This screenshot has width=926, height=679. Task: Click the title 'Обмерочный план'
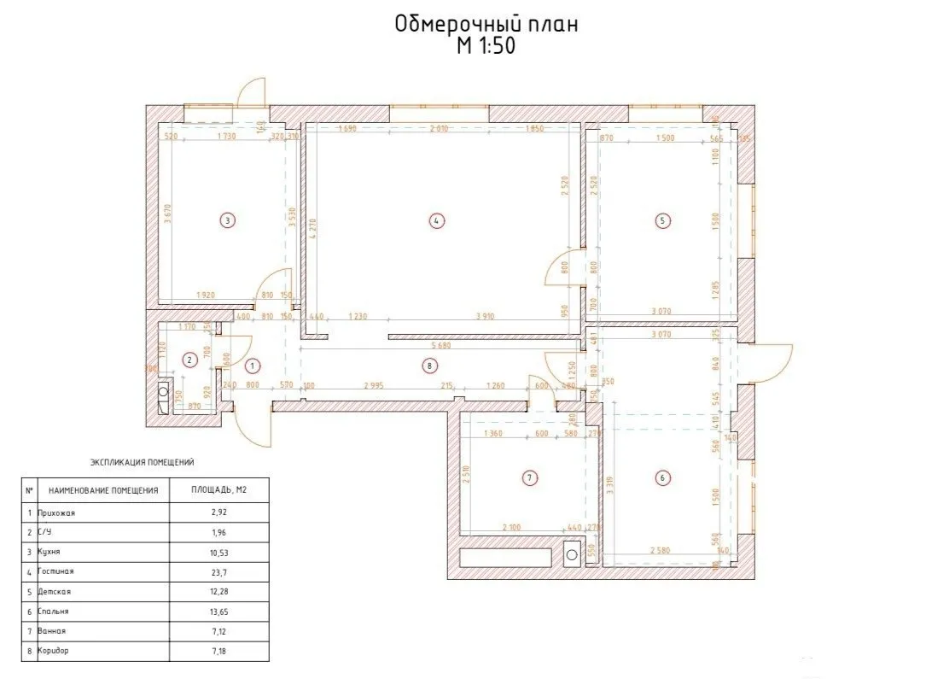point(486,25)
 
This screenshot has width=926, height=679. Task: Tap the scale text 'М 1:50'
point(486,47)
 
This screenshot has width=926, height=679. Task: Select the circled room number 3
point(226,220)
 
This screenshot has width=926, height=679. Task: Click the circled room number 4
point(435,220)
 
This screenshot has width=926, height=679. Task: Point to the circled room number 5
point(663,220)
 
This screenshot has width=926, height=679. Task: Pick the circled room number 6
point(663,477)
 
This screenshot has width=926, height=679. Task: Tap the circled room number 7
point(530,477)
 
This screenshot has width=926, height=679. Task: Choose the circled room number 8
point(429,366)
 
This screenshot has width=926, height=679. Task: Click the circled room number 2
point(189,360)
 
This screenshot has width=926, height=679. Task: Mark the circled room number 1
point(251,366)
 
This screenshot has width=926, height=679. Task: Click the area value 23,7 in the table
point(220,571)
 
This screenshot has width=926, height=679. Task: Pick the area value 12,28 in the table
point(220,591)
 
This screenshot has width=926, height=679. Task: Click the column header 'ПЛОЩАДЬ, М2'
point(220,491)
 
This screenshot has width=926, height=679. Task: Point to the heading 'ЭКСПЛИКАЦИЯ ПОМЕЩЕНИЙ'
point(143,462)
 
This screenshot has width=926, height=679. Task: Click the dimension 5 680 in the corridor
point(441,346)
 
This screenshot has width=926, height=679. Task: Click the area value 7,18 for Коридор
point(220,651)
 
